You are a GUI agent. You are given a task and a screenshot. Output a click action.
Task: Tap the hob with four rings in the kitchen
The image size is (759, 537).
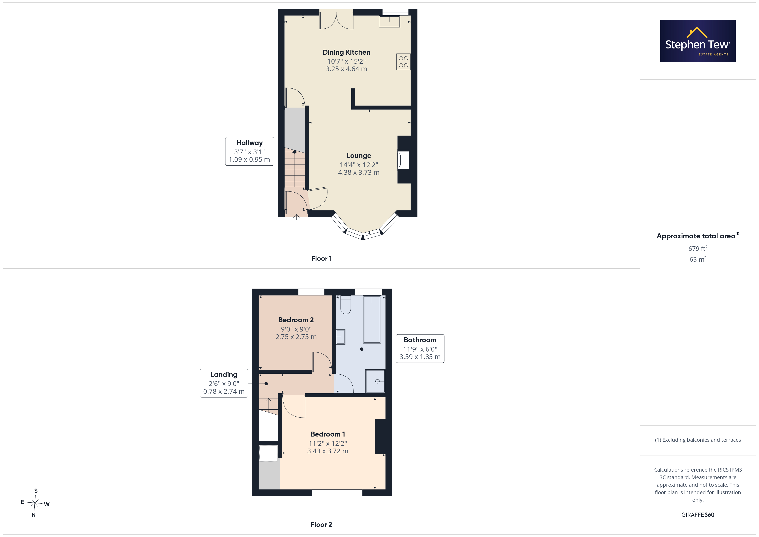coord(403,62)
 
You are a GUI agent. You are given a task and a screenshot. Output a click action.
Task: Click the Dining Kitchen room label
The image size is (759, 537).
coord(346,52)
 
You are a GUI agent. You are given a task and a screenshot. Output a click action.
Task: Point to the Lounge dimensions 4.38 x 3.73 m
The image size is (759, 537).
coord(359,172)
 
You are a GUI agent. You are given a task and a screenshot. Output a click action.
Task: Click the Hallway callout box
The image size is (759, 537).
coord(250,151)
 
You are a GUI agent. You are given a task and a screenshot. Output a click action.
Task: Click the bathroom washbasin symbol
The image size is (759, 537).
coord(341,337)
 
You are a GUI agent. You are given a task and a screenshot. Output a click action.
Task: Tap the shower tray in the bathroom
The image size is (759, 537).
coord(375,381)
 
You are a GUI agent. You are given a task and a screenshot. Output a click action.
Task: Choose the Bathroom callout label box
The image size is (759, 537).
coord(420,349)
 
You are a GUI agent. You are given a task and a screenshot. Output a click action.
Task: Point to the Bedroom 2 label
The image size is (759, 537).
coord(296,320)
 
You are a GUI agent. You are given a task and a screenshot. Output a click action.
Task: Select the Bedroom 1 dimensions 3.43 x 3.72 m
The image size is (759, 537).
coord(328,451)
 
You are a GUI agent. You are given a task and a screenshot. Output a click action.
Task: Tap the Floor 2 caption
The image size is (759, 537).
coord(321,525)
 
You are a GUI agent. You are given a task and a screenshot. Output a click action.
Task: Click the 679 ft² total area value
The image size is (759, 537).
coord(698,248)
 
